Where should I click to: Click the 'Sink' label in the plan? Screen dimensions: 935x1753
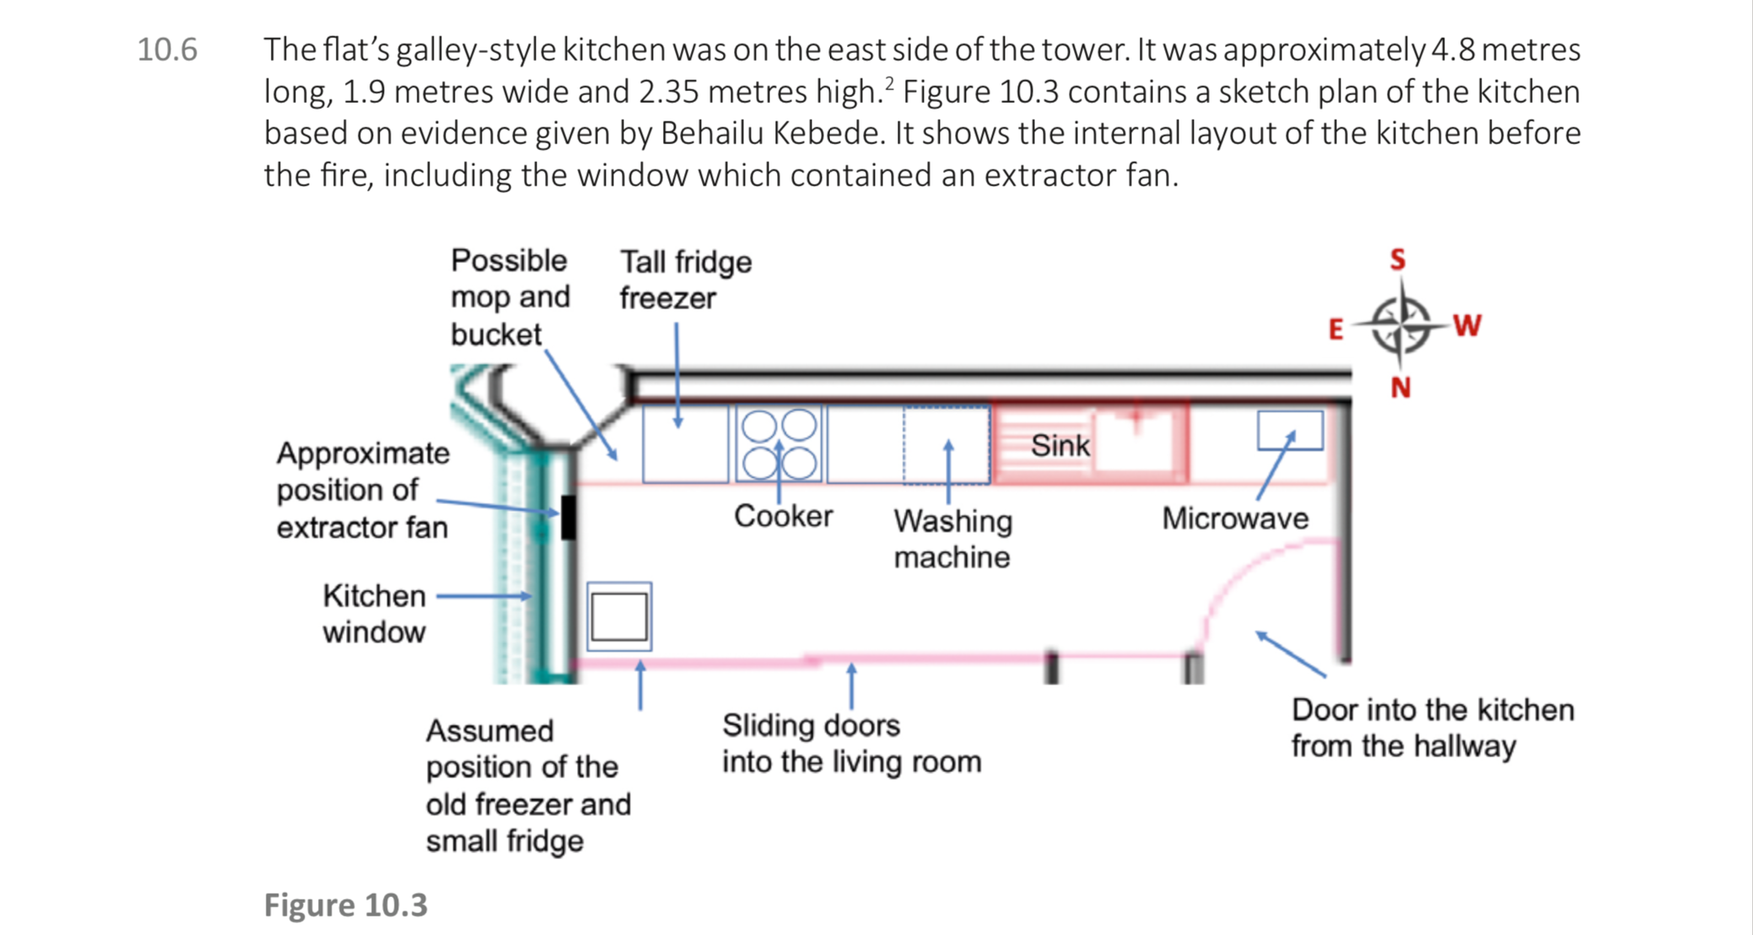[x=1060, y=445]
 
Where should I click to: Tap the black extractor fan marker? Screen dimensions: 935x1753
[x=569, y=517]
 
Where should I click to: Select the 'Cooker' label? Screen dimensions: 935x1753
[x=783, y=516]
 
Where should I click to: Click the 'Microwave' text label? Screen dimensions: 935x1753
[x=1235, y=518]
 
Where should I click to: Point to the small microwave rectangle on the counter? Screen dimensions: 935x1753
[x=1290, y=430]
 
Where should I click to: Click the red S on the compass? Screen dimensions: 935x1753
[x=1398, y=259]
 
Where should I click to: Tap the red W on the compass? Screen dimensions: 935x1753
[x=1467, y=325]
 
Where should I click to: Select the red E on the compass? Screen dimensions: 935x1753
[x=1335, y=329]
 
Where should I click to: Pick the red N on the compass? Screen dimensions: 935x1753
[x=1400, y=388]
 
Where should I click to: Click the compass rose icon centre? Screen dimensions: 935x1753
[x=1400, y=325]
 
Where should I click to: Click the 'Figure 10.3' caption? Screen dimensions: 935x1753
[x=346, y=905]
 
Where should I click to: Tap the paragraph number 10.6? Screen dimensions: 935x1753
[x=167, y=50]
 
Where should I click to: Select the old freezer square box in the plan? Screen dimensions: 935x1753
[x=619, y=616]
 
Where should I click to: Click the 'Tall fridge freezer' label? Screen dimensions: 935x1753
[x=685, y=280]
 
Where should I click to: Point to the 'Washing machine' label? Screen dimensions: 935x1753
[x=952, y=539]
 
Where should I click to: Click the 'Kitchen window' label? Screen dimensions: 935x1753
[x=374, y=614]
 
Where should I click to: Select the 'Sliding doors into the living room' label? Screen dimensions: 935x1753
[x=851, y=743]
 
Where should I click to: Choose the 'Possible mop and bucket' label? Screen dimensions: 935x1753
[x=510, y=297]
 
